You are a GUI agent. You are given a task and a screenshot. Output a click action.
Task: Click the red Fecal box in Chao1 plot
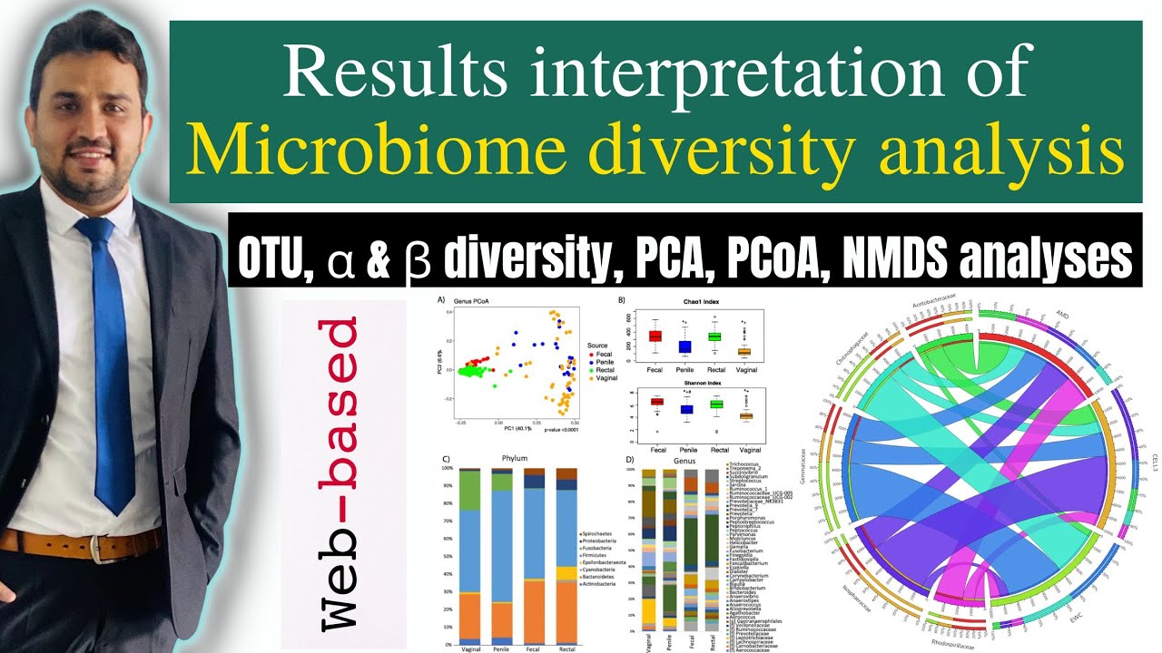tap(655, 336)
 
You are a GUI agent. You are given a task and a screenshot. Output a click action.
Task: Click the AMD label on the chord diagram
tap(1062, 315)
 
